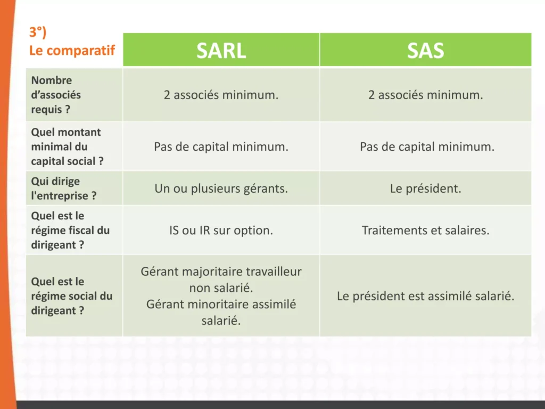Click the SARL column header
click(x=221, y=51)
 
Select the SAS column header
click(x=425, y=51)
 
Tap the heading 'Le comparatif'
click(x=72, y=51)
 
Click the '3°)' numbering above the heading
click(x=38, y=32)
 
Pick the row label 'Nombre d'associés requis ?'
click(x=56, y=95)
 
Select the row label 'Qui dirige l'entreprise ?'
click(x=64, y=189)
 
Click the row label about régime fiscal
click(x=70, y=230)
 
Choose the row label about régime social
click(x=71, y=296)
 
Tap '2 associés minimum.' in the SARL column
click(x=221, y=95)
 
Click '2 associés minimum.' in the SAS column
click(x=425, y=95)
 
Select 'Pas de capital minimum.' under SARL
click(x=221, y=147)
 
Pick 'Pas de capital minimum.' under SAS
click(x=427, y=147)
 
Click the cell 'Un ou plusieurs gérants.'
click(x=221, y=189)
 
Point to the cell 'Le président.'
click(x=425, y=189)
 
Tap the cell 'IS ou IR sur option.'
click(x=221, y=231)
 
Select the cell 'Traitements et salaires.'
click(x=425, y=231)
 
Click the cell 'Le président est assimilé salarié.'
click(x=425, y=296)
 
